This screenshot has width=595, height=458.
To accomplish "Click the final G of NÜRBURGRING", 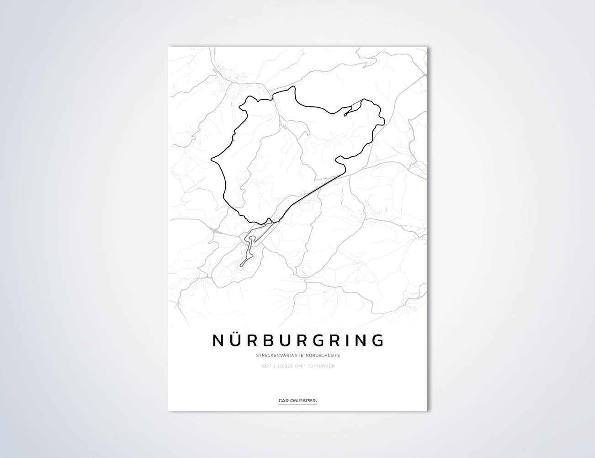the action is (x=378, y=341).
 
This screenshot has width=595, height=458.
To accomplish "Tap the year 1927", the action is (x=266, y=366).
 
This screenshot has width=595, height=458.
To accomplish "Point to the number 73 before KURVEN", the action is (x=310, y=366).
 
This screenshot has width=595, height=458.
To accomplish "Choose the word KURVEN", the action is (x=325, y=366).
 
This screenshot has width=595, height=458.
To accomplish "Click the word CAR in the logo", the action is (x=283, y=401).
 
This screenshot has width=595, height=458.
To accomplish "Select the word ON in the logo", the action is (x=294, y=401).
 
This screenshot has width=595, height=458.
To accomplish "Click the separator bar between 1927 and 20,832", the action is (x=274, y=366).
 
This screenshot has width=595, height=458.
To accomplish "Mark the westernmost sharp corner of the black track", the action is (x=212, y=160).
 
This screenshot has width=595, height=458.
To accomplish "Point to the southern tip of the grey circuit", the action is (x=241, y=265).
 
